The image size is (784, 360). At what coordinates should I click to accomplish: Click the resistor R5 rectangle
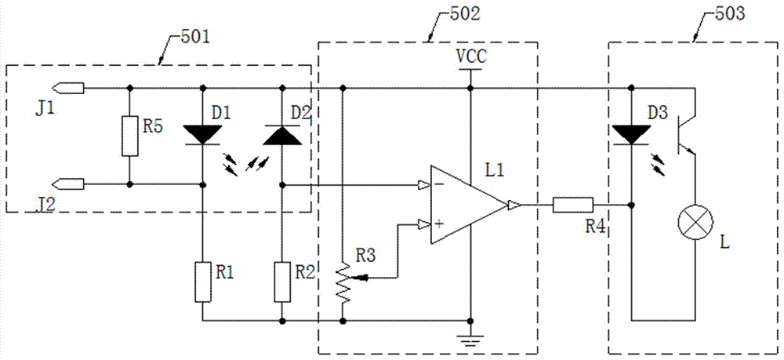(129, 136)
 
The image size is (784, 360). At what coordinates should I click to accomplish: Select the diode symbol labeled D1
(202, 135)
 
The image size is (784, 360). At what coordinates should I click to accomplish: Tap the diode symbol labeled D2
(282, 135)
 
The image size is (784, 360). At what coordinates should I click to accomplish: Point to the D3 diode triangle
(631, 135)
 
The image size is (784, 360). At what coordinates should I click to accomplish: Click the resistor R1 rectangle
(202, 281)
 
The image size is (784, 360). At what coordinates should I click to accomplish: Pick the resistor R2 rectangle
(282, 281)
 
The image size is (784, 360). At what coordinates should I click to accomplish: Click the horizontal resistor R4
(573, 205)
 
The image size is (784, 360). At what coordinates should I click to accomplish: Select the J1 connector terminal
(71, 89)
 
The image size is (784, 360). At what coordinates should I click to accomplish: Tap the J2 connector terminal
(71, 184)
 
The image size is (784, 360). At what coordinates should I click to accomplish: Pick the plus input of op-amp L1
(425, 224)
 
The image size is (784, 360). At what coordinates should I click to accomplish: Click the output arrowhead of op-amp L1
(514, 205)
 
